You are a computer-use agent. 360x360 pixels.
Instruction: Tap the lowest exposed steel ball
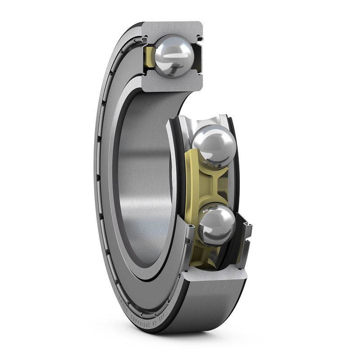(x=216, y=224)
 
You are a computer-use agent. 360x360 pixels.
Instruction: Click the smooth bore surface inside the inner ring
(x=144, y=180)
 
